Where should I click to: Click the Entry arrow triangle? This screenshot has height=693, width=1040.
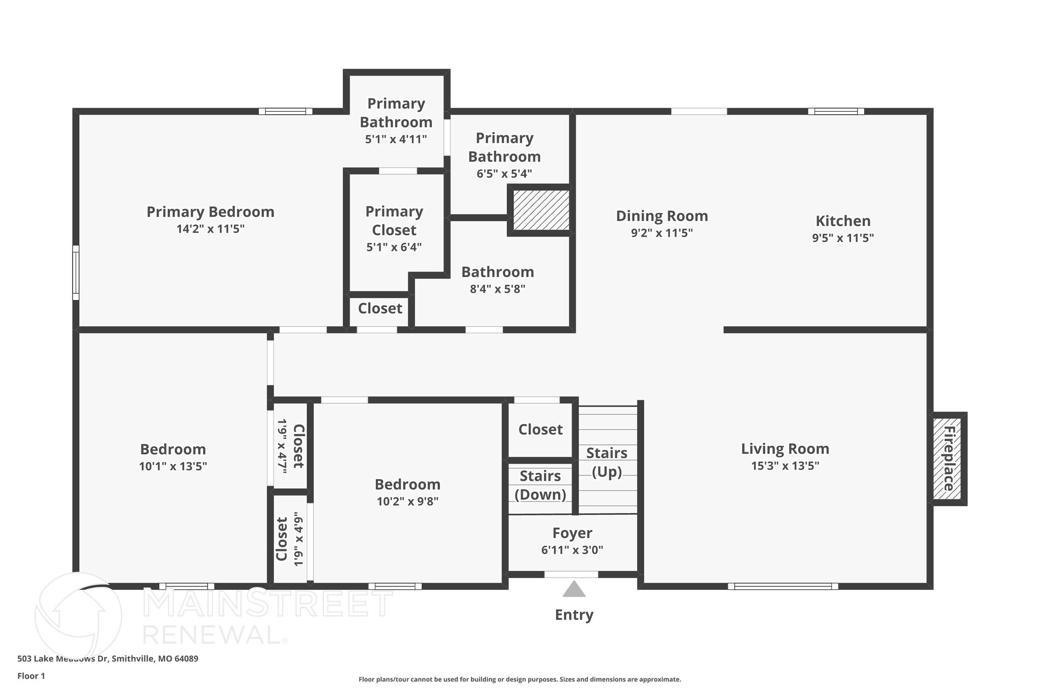pos(574,589)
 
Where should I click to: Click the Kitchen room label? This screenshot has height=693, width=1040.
pos(843,221)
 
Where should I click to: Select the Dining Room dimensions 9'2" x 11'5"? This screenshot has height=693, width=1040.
pos(662,233)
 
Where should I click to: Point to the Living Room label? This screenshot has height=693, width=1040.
pos(785,449)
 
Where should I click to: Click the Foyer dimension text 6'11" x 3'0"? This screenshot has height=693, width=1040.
pos(572,550)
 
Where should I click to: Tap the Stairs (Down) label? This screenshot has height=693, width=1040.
pos(540,485)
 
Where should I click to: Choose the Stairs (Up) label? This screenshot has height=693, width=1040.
pos(607,462)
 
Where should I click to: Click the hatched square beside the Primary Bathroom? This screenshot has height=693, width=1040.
pos(540,210)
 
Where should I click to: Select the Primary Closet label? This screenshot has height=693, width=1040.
pos(394,221)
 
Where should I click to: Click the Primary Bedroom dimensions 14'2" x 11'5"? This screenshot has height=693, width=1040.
pos(210,229)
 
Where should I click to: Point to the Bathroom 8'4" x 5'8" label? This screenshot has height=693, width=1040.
pos(497,272)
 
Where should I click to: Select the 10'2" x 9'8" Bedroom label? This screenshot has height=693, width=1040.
pos(407,484)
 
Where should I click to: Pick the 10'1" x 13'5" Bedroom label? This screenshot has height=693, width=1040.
pos(173,449)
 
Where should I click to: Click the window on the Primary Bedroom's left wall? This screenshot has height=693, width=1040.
pos(76,273)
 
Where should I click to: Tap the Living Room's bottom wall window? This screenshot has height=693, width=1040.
pos(783,586)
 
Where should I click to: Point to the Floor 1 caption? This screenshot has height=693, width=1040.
pos(31,676)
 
